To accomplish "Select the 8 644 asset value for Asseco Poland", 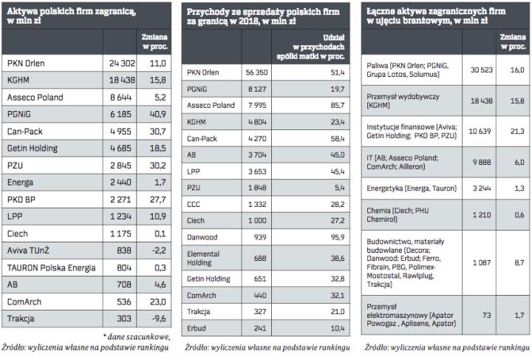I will [124, 98].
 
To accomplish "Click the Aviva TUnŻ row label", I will [29, 251].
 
